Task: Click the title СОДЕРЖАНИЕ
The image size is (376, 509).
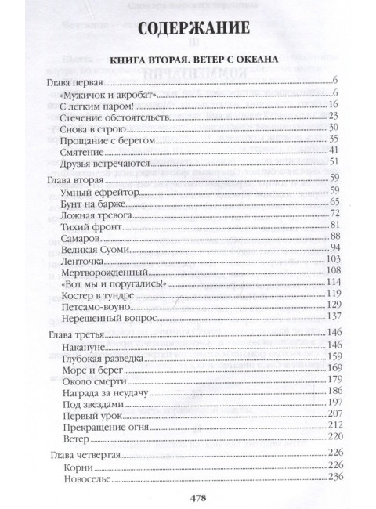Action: click(x=188, y=31)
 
